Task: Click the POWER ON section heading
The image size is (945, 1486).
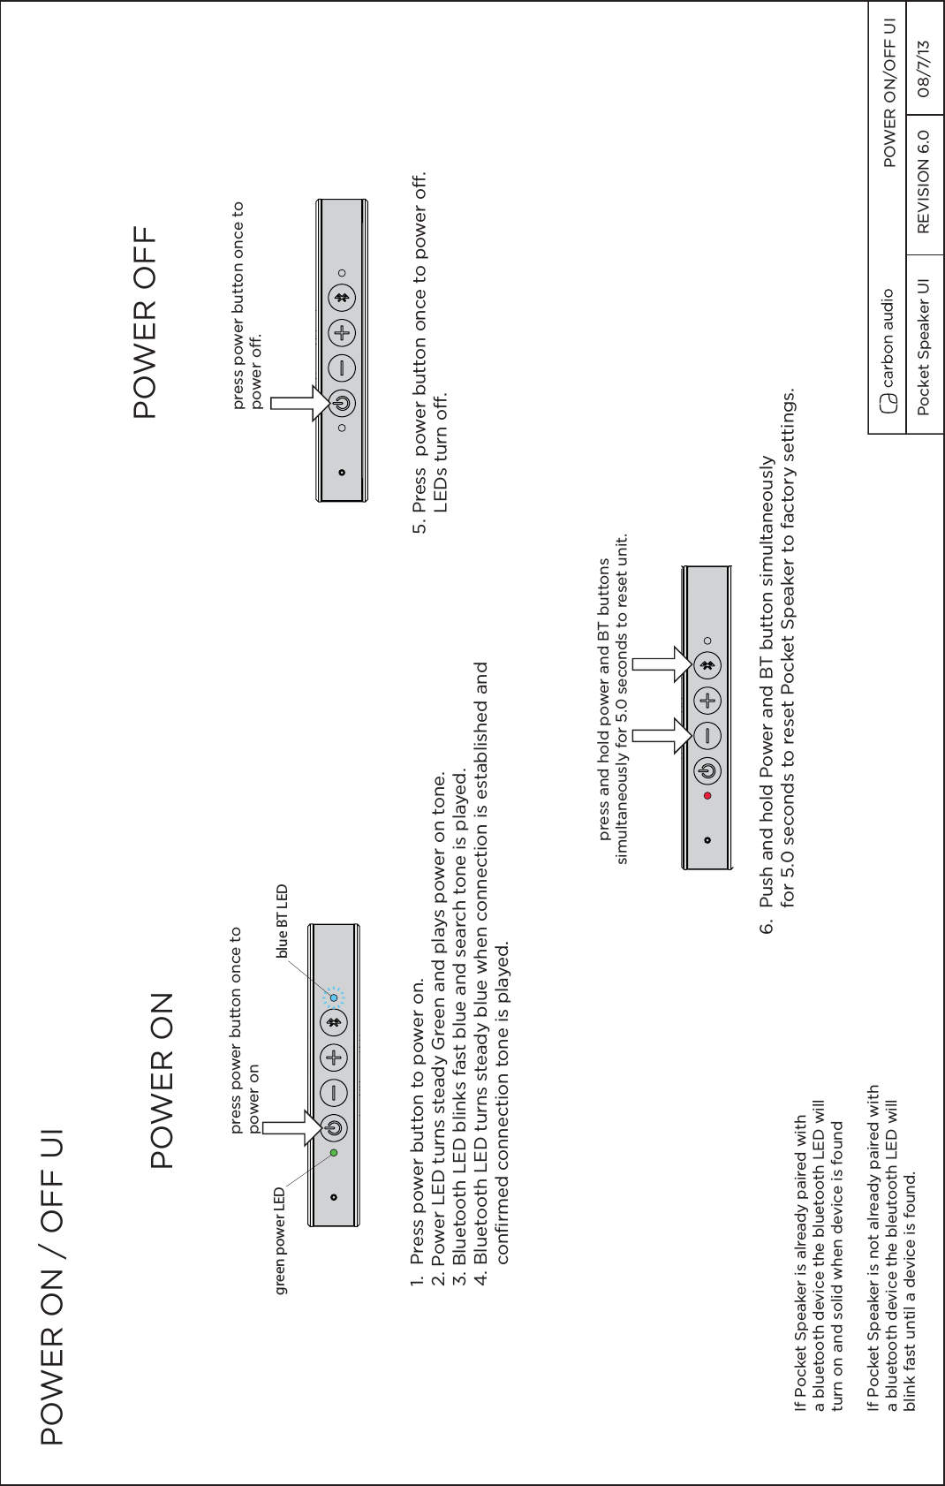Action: (162, 1080)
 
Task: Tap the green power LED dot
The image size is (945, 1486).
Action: (334, 1153)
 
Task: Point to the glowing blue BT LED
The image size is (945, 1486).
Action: (334, 997)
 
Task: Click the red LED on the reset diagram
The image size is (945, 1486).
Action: (707, 795)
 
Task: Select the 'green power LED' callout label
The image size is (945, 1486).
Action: (280, 1241)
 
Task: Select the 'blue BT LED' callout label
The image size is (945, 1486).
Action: (282, 921)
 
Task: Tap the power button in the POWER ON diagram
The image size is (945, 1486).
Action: (334, 1127)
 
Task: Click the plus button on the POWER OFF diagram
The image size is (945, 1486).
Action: (342, 333)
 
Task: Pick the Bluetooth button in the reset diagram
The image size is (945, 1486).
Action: (707, 664)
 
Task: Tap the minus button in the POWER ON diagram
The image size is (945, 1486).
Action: (334, 1093)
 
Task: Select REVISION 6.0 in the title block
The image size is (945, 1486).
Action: (924, 182)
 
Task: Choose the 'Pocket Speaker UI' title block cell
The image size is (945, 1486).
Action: (924, 346)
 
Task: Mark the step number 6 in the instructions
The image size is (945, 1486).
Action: (767, 928)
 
